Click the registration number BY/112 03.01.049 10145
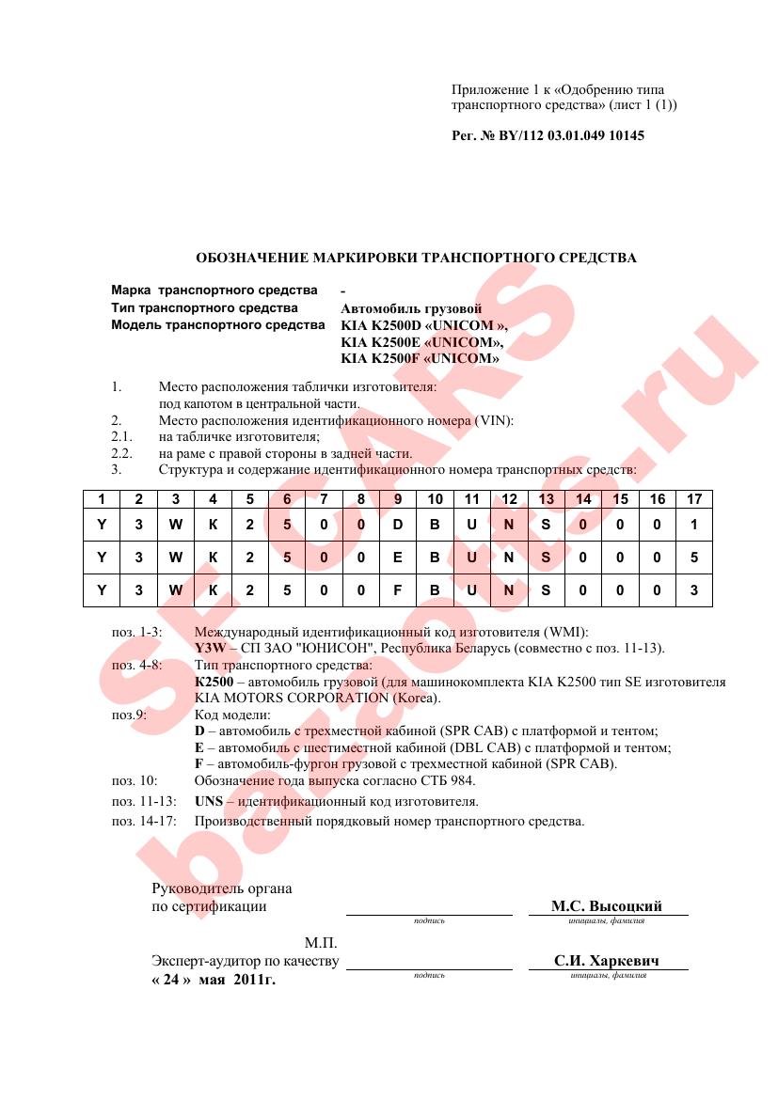[x=548, y=135]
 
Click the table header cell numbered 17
[x=693, y=499]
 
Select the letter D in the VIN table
[x=397, y=525]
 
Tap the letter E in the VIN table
[x=397, y=558]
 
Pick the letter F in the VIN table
[x=397, y=590]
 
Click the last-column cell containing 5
[x=693, y=558]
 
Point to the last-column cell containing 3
[x=693, y=590]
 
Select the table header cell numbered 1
[x=102, y=499]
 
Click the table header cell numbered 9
[x=397, y=499]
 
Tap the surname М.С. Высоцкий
[x=607, y=906]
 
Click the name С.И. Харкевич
[x=607, y=961]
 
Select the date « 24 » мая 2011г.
[x=214, y=979]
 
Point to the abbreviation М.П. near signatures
[x=320, y=942]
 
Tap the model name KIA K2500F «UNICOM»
[x=420, y=358]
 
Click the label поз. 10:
[x=135, y=780]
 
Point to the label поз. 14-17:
[x=142, y=821]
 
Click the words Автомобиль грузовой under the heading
[x=410, y=308]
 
